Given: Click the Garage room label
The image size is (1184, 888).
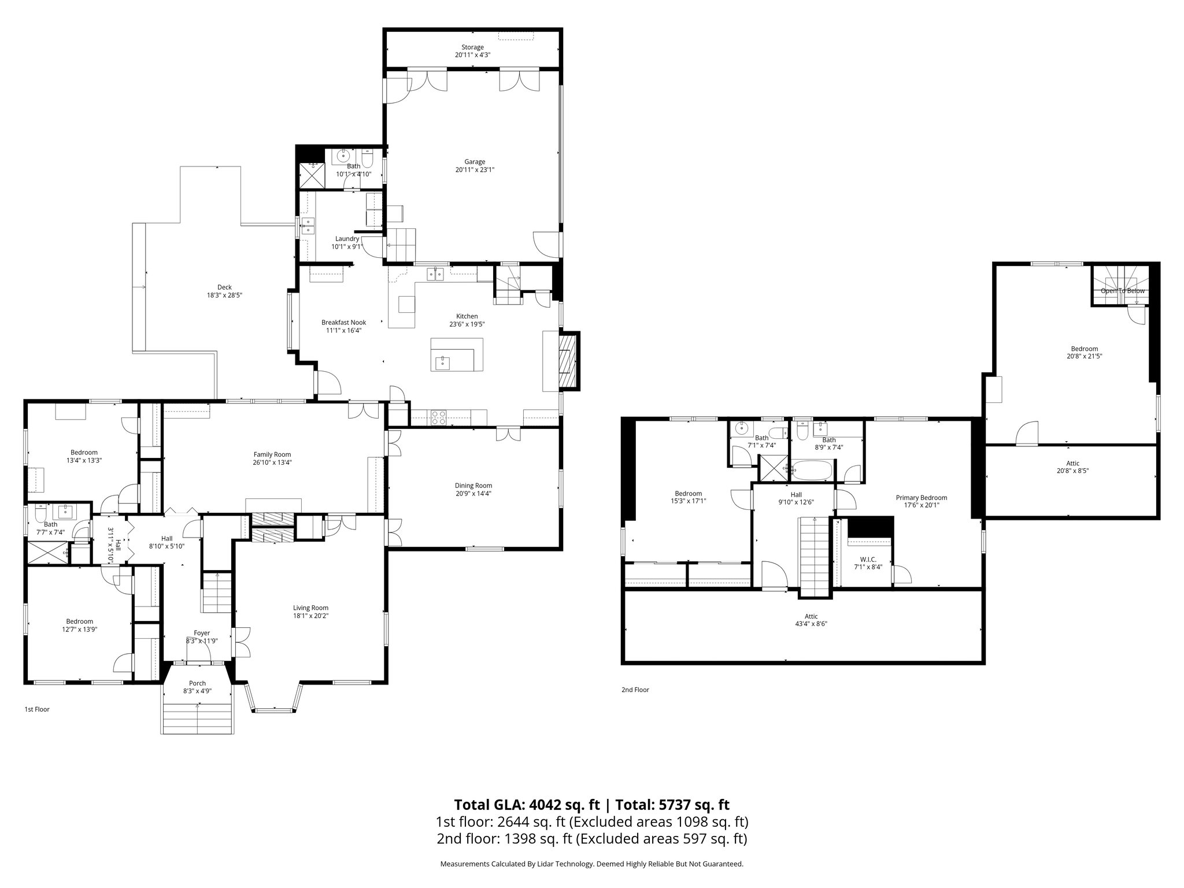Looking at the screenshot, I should coord(475,162).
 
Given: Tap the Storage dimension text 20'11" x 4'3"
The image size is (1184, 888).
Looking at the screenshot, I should coord(472,55).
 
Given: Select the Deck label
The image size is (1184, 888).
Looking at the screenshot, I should coord(224,287).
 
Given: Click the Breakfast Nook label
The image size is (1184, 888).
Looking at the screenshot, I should coord(343,323).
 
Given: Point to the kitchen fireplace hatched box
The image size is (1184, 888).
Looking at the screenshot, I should coord(568,360).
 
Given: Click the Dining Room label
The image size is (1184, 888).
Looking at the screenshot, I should coord(473,486).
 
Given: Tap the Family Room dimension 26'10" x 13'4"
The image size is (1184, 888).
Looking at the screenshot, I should coord(272,462).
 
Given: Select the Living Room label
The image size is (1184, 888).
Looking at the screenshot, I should coord(310,608).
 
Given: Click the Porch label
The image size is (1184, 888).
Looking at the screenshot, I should coord(198,683).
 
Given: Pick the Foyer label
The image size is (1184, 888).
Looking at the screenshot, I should coord(201,633).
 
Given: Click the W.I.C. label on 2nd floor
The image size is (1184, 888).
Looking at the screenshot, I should coord(868,559).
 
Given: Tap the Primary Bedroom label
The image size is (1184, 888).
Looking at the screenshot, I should coord(922,497).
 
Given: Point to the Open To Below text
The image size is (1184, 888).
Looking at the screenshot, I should coord(1122,291).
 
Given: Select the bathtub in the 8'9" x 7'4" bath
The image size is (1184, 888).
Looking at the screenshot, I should coord(812,470).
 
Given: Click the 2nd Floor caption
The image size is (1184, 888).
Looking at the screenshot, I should coord(635,690).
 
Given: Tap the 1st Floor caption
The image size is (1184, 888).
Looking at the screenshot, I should coord(36,709).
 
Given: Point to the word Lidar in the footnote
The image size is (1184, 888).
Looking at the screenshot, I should coord(553,864).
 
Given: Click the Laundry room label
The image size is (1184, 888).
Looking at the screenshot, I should coord(347,239).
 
